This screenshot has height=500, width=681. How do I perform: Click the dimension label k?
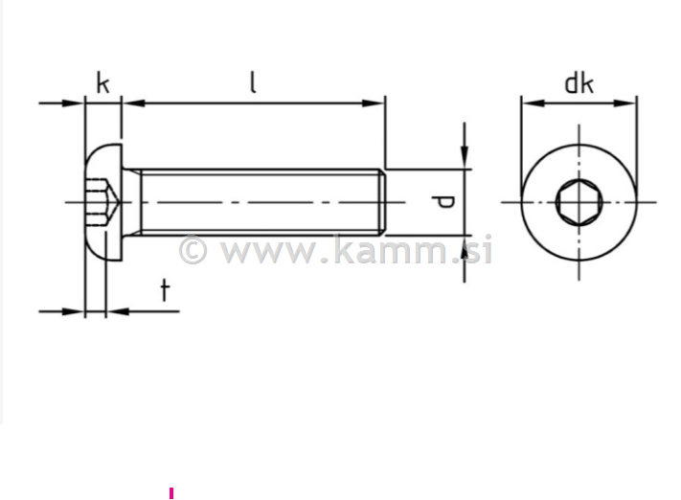pyautogui.click(x=102, y=82)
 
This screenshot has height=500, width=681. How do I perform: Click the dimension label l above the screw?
pyautogui.click(x=253, y=82)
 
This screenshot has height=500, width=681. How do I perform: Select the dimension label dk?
pyautogui.click(x=578, y=82)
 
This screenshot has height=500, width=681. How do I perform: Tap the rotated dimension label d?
pyautogui.click(x=443, y=201)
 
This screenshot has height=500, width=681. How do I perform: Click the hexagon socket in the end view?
pyautogui.click(x=578, y=202)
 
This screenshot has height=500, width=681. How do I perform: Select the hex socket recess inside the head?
pyautogui.click(x=101, y=202)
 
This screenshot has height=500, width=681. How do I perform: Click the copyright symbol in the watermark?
pyautogui.click(x=193, y=251)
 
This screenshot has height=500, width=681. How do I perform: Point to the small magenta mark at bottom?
pyautogui.click(x=171, y=493)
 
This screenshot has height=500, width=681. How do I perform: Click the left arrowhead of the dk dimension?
pyautogui.click(x=530, y=102)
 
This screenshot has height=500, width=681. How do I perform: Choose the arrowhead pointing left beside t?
pyautogui.click(x=115, y=310)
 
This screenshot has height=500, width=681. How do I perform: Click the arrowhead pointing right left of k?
pyautogui.click(x=75, y=102)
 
